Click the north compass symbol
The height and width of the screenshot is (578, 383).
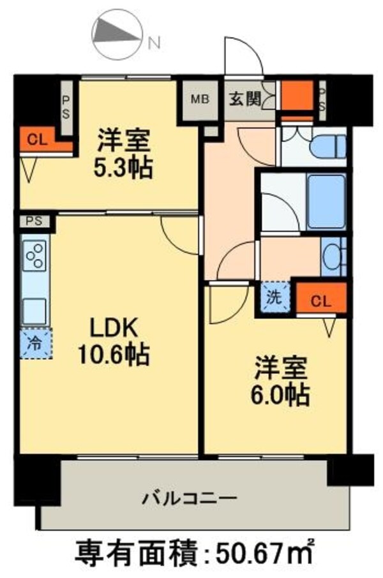pyautogui.click(x=117, y=32)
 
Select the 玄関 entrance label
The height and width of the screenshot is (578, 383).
pyautogui.click(x=244, y=99)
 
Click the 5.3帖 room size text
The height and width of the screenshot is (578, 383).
pyautogui.click(x=125, y=168)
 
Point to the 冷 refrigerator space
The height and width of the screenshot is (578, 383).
pyautogui.click(x=32, y=343)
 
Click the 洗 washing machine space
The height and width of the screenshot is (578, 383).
pyautogui.click(x=273, y=297)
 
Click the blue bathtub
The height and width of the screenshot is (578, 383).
pyautogui.click(x=326, y=201)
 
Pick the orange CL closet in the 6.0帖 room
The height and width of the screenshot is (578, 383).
pyautogui.click(x=321, y=299)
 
